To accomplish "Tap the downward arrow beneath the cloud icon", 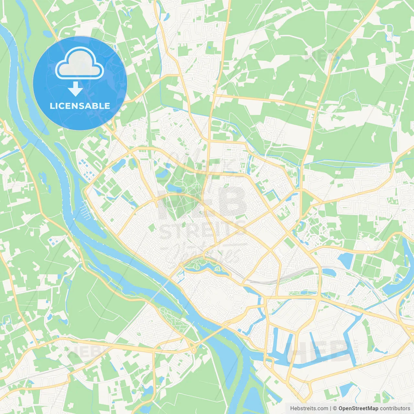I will pyautogui.click(x=75, y=89).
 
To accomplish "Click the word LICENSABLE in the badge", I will pyautogui.click(x=80, y=106).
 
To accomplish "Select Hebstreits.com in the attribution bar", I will pyautogui.click(x=309, y=409).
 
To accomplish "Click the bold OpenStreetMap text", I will pyautogui.click(x=358, y=409).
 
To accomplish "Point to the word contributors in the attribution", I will pyautogui.click(x=395, y=409).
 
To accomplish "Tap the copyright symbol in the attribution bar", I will pyautogui.click(x=335, y=409).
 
